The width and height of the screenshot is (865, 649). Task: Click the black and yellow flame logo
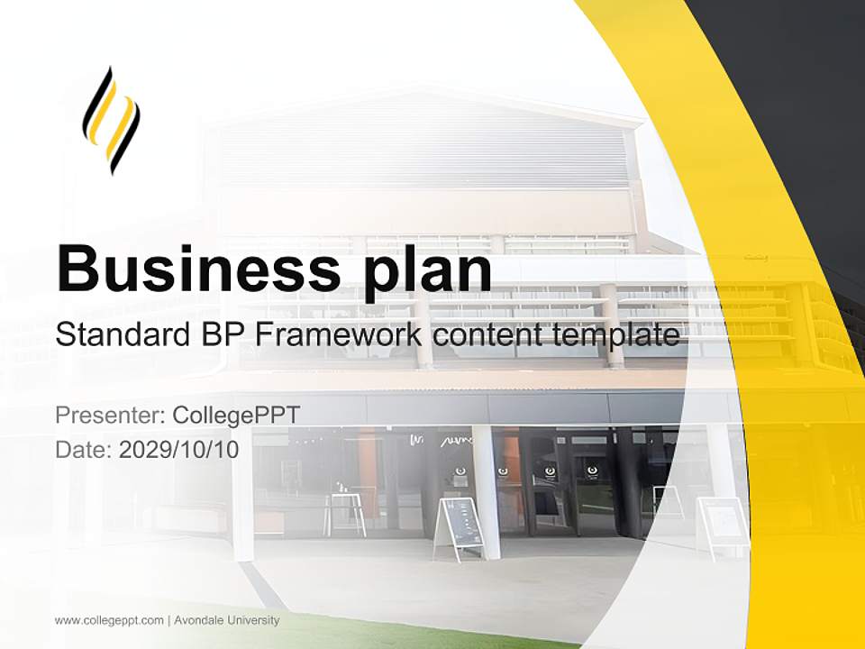point(112,120)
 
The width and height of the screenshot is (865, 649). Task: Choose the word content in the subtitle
point(487,335)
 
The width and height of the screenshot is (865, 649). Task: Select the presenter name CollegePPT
point(235,416)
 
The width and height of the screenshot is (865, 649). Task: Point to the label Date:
point(84,450)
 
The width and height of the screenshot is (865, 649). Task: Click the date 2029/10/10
point(179,450)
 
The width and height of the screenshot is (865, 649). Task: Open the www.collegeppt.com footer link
point(109,620)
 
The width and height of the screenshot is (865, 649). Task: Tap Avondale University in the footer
point(227,620)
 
